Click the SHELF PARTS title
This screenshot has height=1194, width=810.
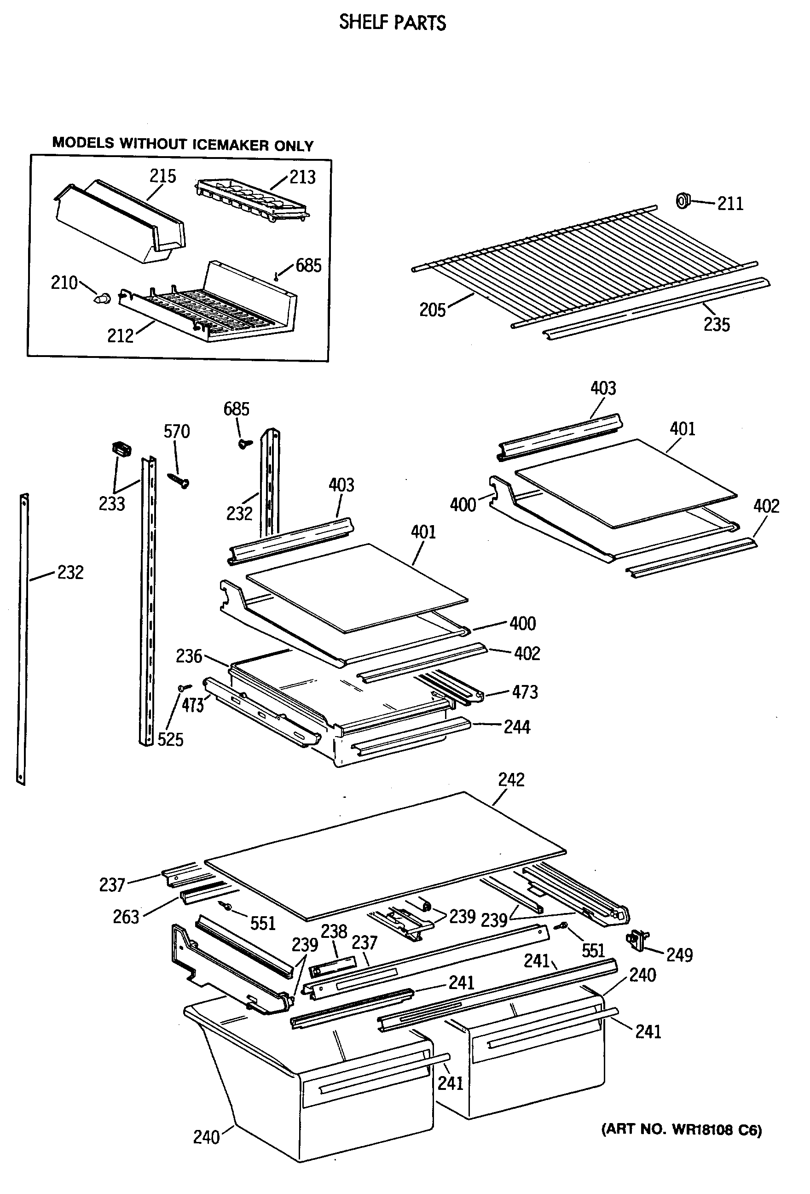(392, 23)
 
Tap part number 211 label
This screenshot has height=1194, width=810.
(730, 204)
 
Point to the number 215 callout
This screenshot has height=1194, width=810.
(163, 176)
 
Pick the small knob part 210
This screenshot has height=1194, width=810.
(103, 297)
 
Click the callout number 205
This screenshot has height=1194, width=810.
(432, 310)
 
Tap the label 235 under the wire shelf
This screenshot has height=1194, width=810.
(716, 325)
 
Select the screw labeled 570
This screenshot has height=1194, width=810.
(179, 480)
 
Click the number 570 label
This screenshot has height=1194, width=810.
(177, 431)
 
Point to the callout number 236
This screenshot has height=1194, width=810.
(189, 656)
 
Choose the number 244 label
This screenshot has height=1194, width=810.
(516, 727)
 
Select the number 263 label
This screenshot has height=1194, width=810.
(126, 917)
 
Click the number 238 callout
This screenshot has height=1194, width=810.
(334, 931)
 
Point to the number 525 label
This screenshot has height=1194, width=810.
(170, 739)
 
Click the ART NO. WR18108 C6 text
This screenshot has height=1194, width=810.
(681, 1130)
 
